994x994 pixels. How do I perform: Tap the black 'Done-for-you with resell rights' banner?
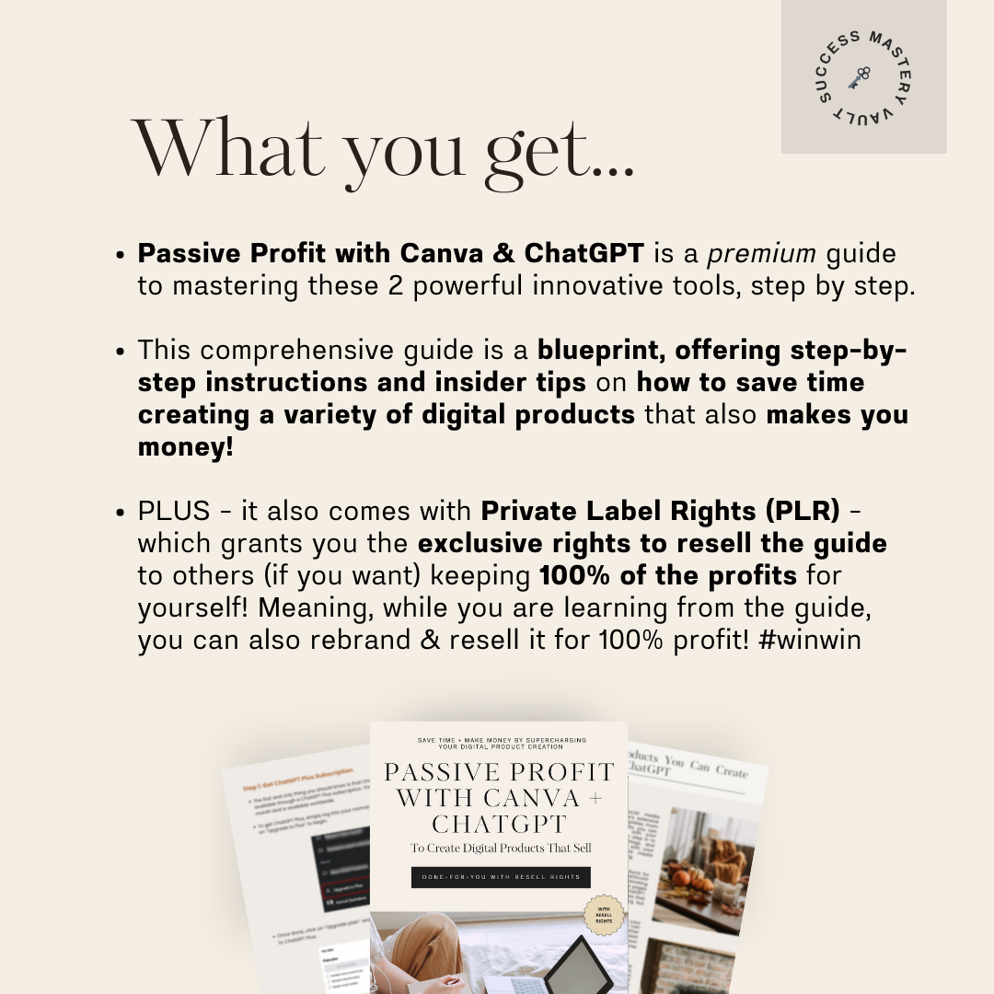[x=501, y=877]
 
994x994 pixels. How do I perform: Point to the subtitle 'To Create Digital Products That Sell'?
[x=501, y=848]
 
